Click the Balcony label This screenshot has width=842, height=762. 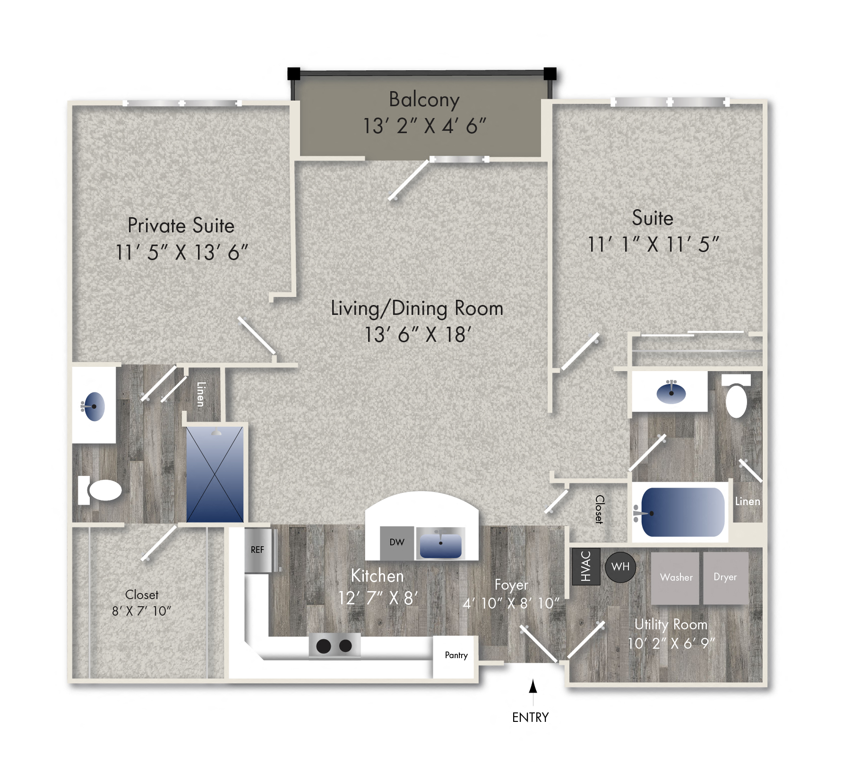[424, 100]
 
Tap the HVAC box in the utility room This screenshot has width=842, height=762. [586, 566]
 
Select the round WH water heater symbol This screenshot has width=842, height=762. [620, 567]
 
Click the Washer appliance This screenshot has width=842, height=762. [675, 578]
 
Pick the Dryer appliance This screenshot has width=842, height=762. [725, 577]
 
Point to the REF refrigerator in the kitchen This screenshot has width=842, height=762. [258, 550]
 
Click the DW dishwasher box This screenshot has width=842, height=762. [397, 543]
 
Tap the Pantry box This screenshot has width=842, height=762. [456, 656]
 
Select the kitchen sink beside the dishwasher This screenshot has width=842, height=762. [440, 544]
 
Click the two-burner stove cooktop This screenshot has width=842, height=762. [335, 645]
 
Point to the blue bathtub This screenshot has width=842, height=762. [682, 512]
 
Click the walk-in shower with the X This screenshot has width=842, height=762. [215, 474]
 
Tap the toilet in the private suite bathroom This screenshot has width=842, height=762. [102, 491]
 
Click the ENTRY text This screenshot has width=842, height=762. [530, 718]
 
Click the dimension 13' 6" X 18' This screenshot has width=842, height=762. [418, 335]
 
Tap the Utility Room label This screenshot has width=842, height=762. [670, 625]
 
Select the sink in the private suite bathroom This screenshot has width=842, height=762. [94, 406]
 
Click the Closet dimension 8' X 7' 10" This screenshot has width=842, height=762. [141, 611]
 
